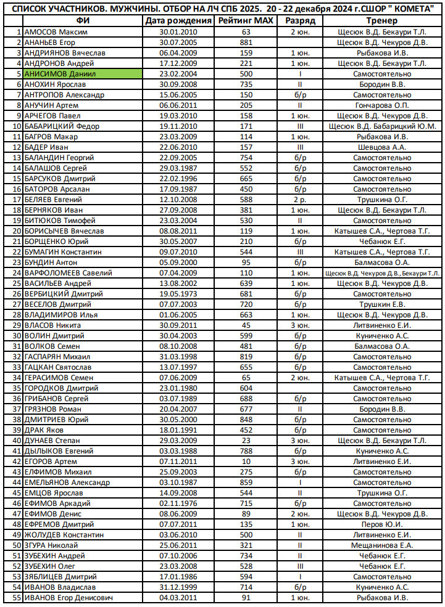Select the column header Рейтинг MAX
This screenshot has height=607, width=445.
click(x=246, y=20)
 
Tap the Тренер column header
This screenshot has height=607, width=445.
click(x=381, y=20)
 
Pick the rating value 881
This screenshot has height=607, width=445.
click(x=246, y=42)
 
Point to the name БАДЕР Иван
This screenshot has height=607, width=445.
click(x=47, y=147)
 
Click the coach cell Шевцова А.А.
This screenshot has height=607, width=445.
click(x=381, y=147)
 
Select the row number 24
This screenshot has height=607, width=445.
click(x=17, y=272)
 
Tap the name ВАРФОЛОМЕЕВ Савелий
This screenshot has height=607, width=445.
click(x=68, y=272)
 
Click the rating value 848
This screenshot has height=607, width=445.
click(x=246, y=419)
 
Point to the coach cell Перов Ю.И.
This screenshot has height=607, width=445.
click(x=381, y=524)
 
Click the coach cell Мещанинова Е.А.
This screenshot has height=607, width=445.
click(x=381, y=545)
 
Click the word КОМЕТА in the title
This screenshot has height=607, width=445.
click(x=412, y=7)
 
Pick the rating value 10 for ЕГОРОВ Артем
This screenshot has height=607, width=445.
click(x=246, y=461)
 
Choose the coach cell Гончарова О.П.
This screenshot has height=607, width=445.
click(x=381, y=105)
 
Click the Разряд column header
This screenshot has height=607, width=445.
click(x=301, y=20)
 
